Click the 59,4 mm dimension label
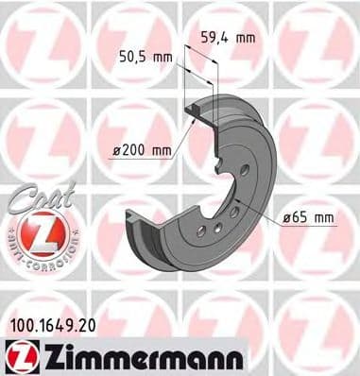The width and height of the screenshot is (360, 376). (x=229, y=38)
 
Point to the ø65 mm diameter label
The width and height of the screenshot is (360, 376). (x=309, y=219)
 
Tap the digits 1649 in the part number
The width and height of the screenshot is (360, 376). (x=53, y=329)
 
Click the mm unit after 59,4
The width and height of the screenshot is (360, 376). (x=246, y=38)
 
